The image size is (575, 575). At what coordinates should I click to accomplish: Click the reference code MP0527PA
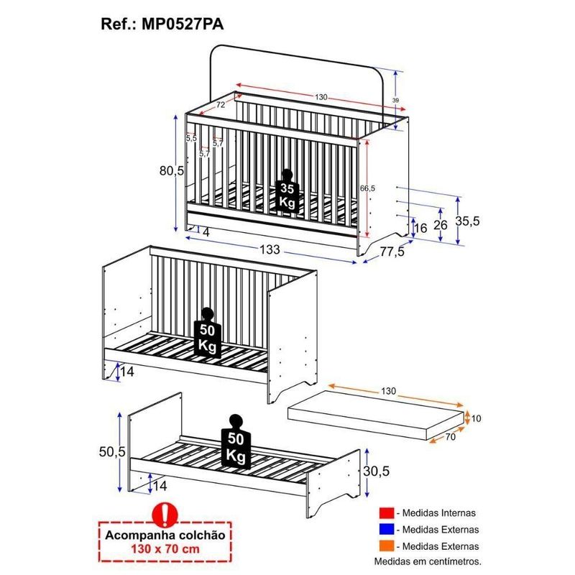tap(183, 24)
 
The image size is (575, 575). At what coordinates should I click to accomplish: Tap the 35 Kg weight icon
tap(287, 190)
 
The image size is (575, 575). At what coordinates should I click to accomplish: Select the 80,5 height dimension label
tap(172, 170)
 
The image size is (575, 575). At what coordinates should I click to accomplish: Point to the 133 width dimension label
tap(270, 249)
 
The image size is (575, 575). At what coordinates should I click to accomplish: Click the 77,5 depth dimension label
tap(392, 252)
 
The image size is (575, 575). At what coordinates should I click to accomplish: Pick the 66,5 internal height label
tap(367, 188)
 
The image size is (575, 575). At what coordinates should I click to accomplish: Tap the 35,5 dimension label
tap(468, 221)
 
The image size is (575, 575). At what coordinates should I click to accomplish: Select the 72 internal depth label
tap(221, 105)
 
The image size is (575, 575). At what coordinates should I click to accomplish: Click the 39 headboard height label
tap(396, 100)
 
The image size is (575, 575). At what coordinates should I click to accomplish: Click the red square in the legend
tap(387, 513)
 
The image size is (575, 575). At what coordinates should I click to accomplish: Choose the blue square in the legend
tap(387, 529)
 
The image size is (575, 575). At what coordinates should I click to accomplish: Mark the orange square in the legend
tap(387, 546)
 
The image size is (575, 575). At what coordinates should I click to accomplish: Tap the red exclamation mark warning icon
tap(165, 515)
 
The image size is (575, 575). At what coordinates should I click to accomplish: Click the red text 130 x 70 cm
tap(165, 549)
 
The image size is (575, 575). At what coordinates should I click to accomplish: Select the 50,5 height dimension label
tap(112, 452)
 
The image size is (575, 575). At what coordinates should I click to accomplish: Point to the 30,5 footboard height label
tap(376, 471)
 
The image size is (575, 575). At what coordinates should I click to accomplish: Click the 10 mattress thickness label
tap(476, 418)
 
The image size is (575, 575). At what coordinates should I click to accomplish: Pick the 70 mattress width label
tap(451, 436)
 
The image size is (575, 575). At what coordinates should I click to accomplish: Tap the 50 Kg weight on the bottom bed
tap(236, 442)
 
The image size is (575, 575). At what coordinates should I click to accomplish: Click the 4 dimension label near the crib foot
tap(206, 232)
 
